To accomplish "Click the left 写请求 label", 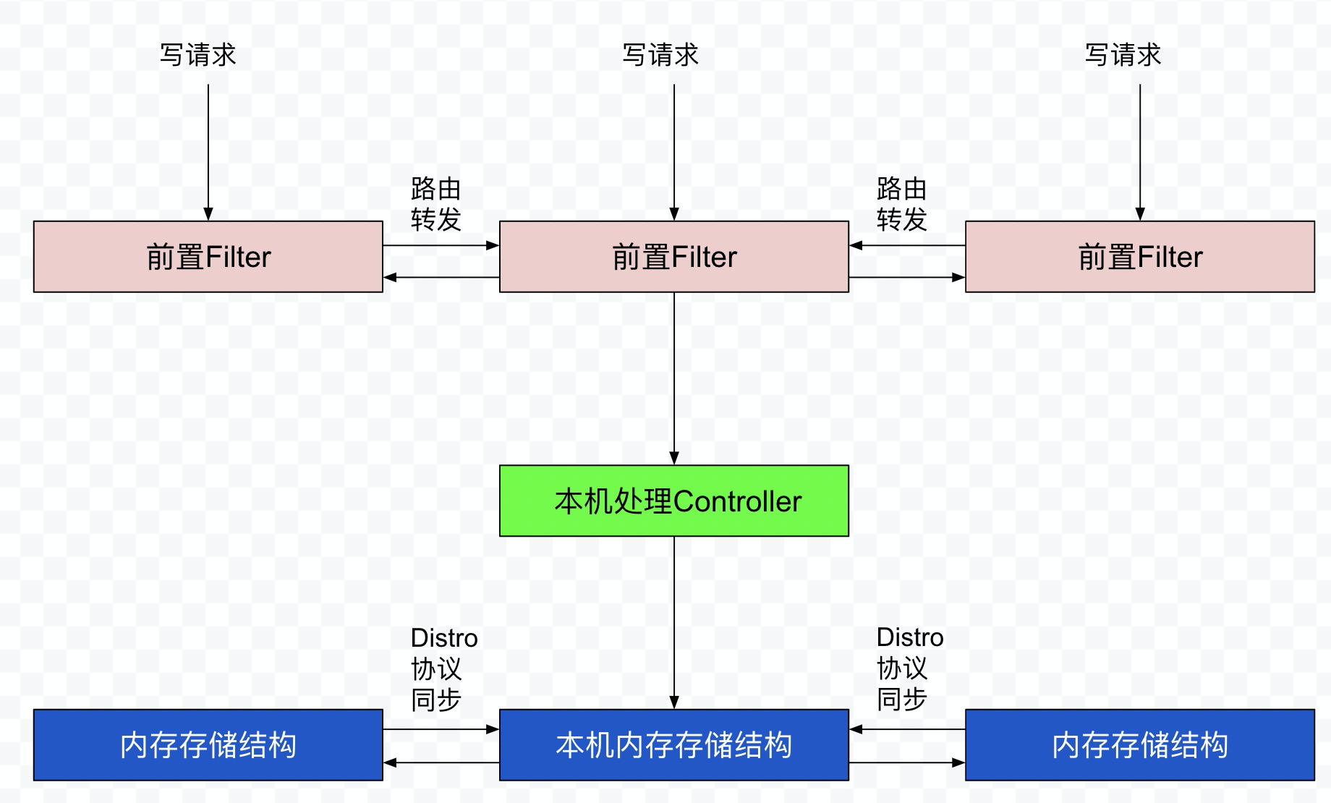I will [197, 55].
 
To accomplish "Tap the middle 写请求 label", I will [660, 55].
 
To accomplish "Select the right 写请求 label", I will [1123, 55].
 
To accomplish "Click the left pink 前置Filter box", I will [208, 257].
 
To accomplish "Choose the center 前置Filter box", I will [673, 257].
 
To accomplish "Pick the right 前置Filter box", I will [1139, 257].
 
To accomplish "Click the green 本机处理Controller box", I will [673, 501].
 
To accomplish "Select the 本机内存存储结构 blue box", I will [673, 745].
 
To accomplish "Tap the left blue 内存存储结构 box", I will [208, 745].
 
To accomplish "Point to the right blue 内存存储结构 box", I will [1139, 745].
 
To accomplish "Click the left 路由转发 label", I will [435, 204].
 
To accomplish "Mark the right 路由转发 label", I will [901, 204].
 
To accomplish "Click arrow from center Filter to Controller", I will [674, 376].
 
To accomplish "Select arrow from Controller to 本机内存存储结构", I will [674, 622].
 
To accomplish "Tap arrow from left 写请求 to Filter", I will [208, 152].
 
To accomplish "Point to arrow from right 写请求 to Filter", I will [1140, 152].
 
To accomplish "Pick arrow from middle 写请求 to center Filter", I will [674, 152].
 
